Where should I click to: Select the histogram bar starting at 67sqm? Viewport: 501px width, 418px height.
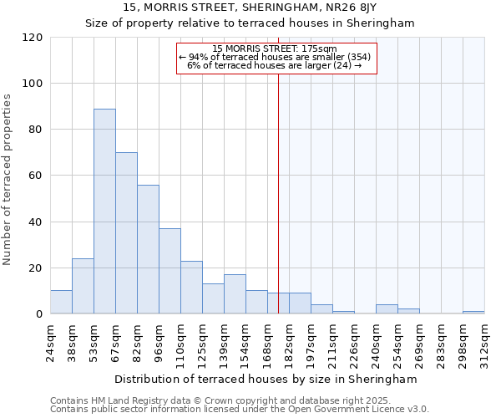pyautogui.click(x=126, y=233)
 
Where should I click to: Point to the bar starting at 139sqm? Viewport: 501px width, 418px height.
pyautogui.click(x=235, y=294)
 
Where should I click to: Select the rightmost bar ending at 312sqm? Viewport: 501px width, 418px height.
pyautogui.click(x=473, y=312)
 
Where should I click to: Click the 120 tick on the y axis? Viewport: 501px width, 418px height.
pyautogui.click(x=33, y=38)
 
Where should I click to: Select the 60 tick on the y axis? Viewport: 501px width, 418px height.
pyautogui.click(x=36, y=176)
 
